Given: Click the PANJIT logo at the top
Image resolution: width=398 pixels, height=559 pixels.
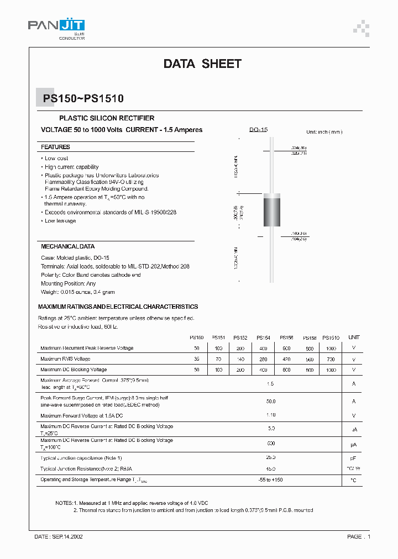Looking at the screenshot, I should [x=56, y=26].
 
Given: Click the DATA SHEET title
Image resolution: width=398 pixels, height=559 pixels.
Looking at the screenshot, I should [x=202, y=64].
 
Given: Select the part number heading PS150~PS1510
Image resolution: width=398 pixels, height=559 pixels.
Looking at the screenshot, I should [x=83, y=99].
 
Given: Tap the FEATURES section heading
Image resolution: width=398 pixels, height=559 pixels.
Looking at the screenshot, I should [x=55, y=147].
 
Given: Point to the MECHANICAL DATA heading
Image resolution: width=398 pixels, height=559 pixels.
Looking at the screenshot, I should [x=67, y=246].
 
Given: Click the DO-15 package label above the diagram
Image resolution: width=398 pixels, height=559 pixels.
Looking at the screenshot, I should [x=258, y=130].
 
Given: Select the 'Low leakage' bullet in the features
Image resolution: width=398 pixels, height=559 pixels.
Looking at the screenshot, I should [x=60, y=221].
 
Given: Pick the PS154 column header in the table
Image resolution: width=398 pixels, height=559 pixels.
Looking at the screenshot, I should [x=263, y=337].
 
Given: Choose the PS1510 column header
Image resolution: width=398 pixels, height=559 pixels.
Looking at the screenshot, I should [x=331, y=337].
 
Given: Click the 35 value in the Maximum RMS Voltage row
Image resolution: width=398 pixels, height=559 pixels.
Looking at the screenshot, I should [x=197, y=359].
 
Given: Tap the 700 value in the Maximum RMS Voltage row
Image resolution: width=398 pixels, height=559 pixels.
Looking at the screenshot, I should [x=331, y=359].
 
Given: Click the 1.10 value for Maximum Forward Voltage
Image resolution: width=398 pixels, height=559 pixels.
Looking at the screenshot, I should [x=270, y=415].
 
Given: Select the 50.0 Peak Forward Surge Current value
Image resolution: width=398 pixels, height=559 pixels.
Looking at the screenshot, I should [x=270, y=402].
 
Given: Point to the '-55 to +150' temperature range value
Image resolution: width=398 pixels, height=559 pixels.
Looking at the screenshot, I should [x=270, y=479].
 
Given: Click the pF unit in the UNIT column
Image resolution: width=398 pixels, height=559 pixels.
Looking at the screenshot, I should [x=354, y=458].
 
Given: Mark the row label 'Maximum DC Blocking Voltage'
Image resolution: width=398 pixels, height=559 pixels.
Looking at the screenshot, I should [x=74, y=370].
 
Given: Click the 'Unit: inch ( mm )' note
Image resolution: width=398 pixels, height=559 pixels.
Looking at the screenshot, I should [x=324, y=132].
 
